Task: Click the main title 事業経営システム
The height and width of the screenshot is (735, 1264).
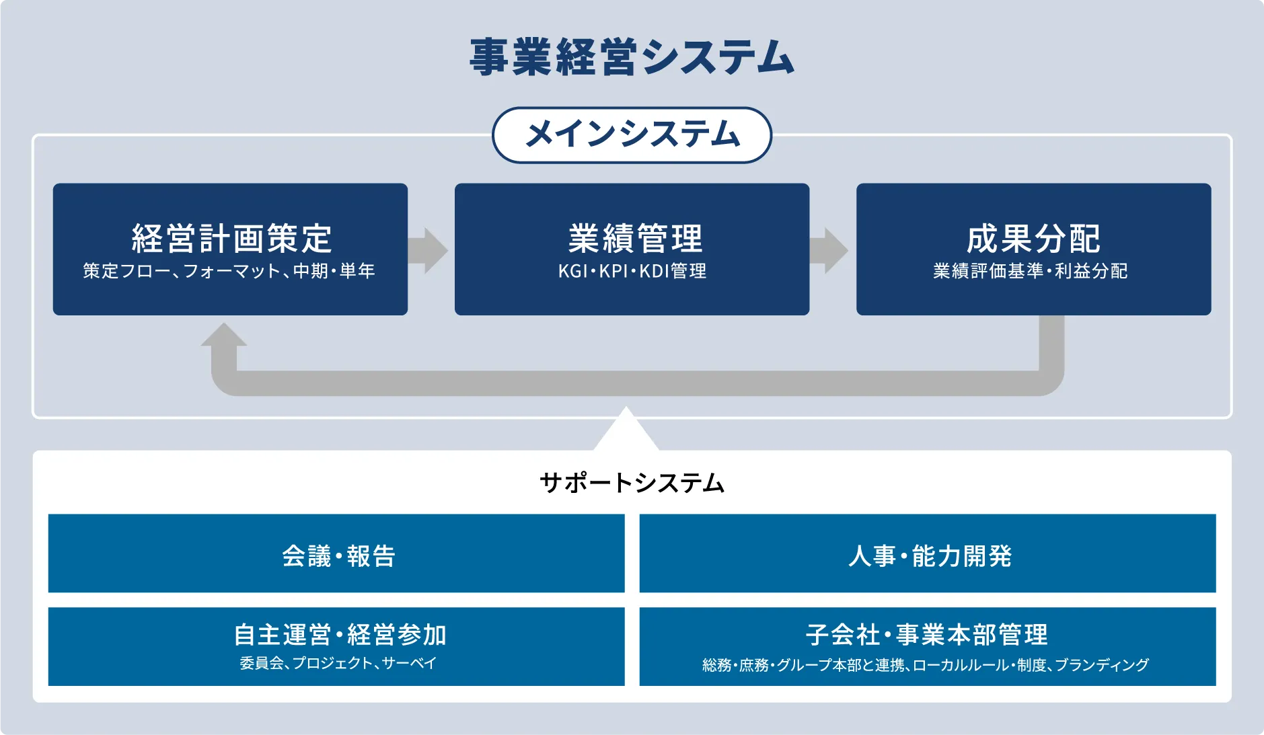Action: [x=632, y=57]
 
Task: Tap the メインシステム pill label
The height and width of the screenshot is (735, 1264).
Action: [x=632, y=134]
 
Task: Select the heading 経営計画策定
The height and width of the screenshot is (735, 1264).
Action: [x=231, y=238]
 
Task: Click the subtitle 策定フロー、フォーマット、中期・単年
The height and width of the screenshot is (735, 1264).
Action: [x=229, y=271]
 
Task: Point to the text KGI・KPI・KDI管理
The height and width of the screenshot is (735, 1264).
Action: [x=632, y=271]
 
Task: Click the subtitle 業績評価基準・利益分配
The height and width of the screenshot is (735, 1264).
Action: [x=1030, y=271]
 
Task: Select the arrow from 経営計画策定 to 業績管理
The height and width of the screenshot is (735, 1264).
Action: [x=429, y=250]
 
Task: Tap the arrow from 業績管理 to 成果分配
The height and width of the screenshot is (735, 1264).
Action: [x=829, y=250]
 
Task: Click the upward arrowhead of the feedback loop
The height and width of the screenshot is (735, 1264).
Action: [x=223, y=336]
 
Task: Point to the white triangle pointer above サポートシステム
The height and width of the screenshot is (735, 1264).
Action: [x=626, y=430]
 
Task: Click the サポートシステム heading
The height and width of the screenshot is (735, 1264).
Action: [x=632, y=483]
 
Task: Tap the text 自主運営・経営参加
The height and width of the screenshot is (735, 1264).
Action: [x=340, y=634]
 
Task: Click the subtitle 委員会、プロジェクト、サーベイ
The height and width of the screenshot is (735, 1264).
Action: [x=338, y=664]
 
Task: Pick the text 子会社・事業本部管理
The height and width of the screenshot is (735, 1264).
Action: [x=927, y=634]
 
